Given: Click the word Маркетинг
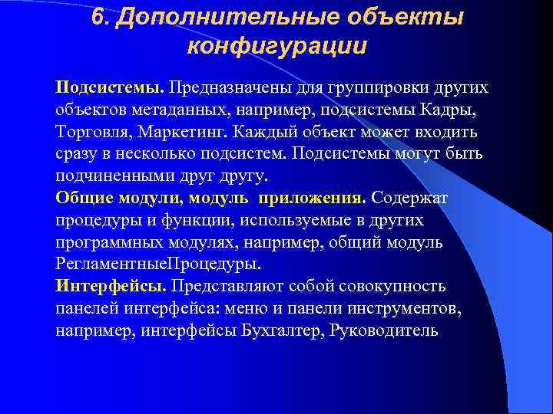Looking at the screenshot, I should pyautogui.click(x=187, y=131).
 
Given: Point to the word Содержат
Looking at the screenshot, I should pyautogui.click(x=409, y=198).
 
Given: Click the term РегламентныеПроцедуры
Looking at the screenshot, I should pyautogui.click(x=158, y=264).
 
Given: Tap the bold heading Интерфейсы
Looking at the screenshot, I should pyautogui.click(x=111, y=287).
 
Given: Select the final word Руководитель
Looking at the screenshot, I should pyautogui.click(x=383, y=331).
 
